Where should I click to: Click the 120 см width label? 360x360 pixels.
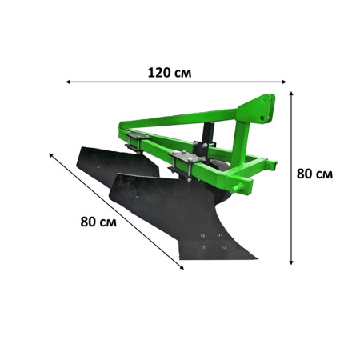(170, 73)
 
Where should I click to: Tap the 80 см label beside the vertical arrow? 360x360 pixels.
(314, 174)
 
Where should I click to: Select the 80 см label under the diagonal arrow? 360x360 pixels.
(98, 222)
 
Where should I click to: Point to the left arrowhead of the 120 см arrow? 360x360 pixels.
(68, 82)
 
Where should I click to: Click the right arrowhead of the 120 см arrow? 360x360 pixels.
(284, 82)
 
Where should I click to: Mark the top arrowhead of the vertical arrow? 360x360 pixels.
(291, 94)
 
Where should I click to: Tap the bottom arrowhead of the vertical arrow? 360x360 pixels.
(291, 262)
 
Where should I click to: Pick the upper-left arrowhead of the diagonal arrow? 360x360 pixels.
(50, 155)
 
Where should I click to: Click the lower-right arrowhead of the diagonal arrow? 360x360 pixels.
(182, 267)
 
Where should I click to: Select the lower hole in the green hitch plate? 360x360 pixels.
(262, 118)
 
